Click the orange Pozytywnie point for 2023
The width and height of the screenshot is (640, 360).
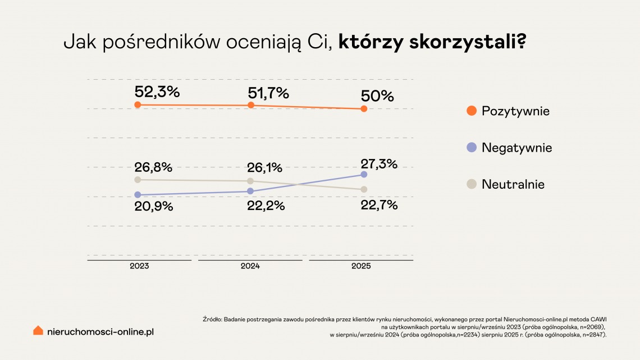pyautogui.click(x=138, y=105)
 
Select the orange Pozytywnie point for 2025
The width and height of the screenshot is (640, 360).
pyautogui.click(x=364, y=109)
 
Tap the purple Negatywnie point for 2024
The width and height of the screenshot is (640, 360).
pyautogui.click(x=250, y=192)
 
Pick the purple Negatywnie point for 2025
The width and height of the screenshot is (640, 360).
pyautogui.click(x=364, y=175)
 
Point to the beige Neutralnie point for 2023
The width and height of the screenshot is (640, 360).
pyautogui.click(x=138, y=180)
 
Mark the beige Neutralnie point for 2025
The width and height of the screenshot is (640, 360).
pyautogui.click(x=364, y=189)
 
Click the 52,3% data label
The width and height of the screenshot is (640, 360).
pyautogui.click(x=157, y=92)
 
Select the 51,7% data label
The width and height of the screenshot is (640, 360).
pyautogui.click(x=268, y=92)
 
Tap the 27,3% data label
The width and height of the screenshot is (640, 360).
pyautogui.click(x=379, y=164)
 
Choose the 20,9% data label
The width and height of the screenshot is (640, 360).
pyautogui.click(x=153, y=206)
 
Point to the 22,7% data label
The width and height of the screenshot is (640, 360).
pyautogui.click(x=379, y=205)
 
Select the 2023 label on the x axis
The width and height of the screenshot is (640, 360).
pyautogui.click(x=139, y=266)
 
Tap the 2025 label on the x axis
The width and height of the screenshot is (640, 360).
pyautogui.click(x=362, y=266)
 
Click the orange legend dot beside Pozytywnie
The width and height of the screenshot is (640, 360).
pyautogui.click(x=472, y=111)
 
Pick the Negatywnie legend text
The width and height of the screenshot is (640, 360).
pyautogui.click(x=516, y=148)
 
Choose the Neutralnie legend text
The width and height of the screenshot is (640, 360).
pyautogui.click(x=513, y=184)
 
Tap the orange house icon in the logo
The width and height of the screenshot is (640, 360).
pyautogui.click(x=38, y=331)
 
